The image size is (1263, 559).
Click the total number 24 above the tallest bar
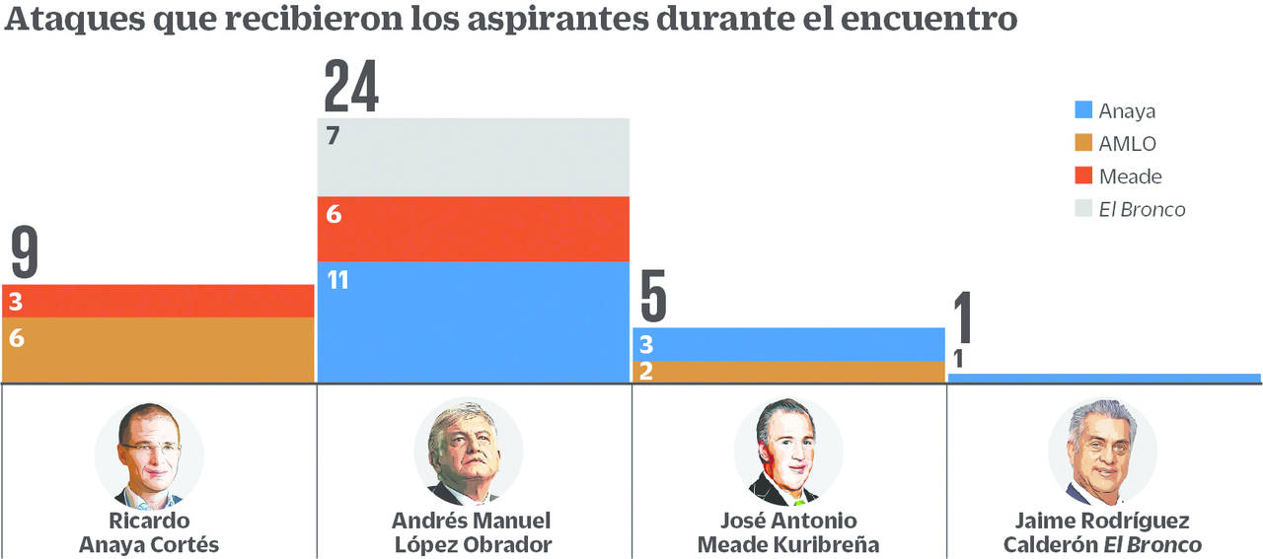click(351, 87)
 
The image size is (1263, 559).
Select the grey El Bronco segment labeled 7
click(473, 157)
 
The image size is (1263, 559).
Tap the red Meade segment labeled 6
click(473, 229)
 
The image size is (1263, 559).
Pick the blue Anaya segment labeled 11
click(473, 321)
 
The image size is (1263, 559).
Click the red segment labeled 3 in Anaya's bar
click(158, 301)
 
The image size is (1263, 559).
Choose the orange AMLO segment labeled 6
click(158, 349)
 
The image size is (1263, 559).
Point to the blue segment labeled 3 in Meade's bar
click(788, 344)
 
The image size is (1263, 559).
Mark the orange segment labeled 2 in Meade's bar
click(788, 371)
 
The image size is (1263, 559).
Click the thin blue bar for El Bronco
click(1104, 378)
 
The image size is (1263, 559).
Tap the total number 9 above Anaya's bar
click(25, 252)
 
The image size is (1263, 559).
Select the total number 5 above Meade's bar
click(652, 296)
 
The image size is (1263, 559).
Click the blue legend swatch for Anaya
click(1083, 110)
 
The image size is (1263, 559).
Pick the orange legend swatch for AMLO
click(1083, 144)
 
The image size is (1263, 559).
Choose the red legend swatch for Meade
click(1083, 176)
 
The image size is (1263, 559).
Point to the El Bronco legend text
click(1142, 209)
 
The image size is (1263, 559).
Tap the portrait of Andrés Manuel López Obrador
click(468, 454)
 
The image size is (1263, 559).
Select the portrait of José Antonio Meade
click(787, 454)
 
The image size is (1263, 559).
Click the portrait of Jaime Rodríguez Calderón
click(1102, 454)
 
